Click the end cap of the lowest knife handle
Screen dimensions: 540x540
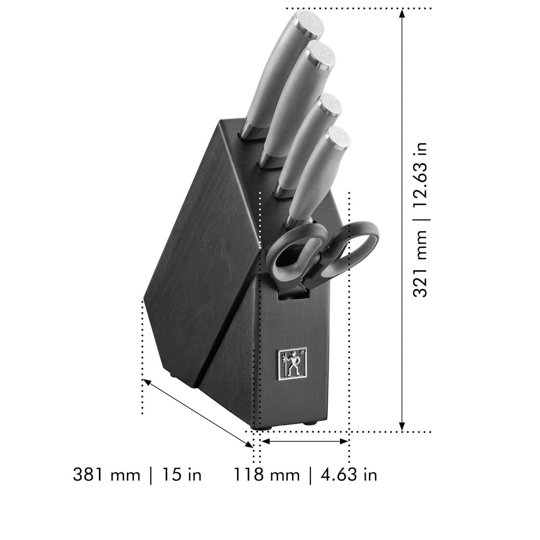[x=337, y=138]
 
